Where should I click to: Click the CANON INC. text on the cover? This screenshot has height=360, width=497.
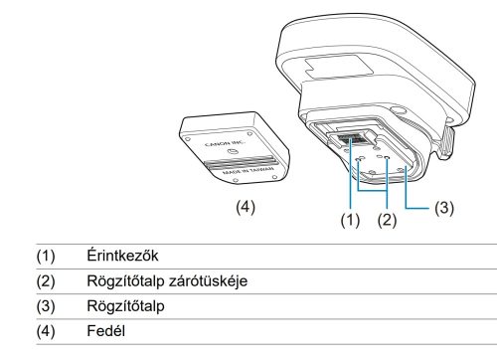click(x=226, y=144)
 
